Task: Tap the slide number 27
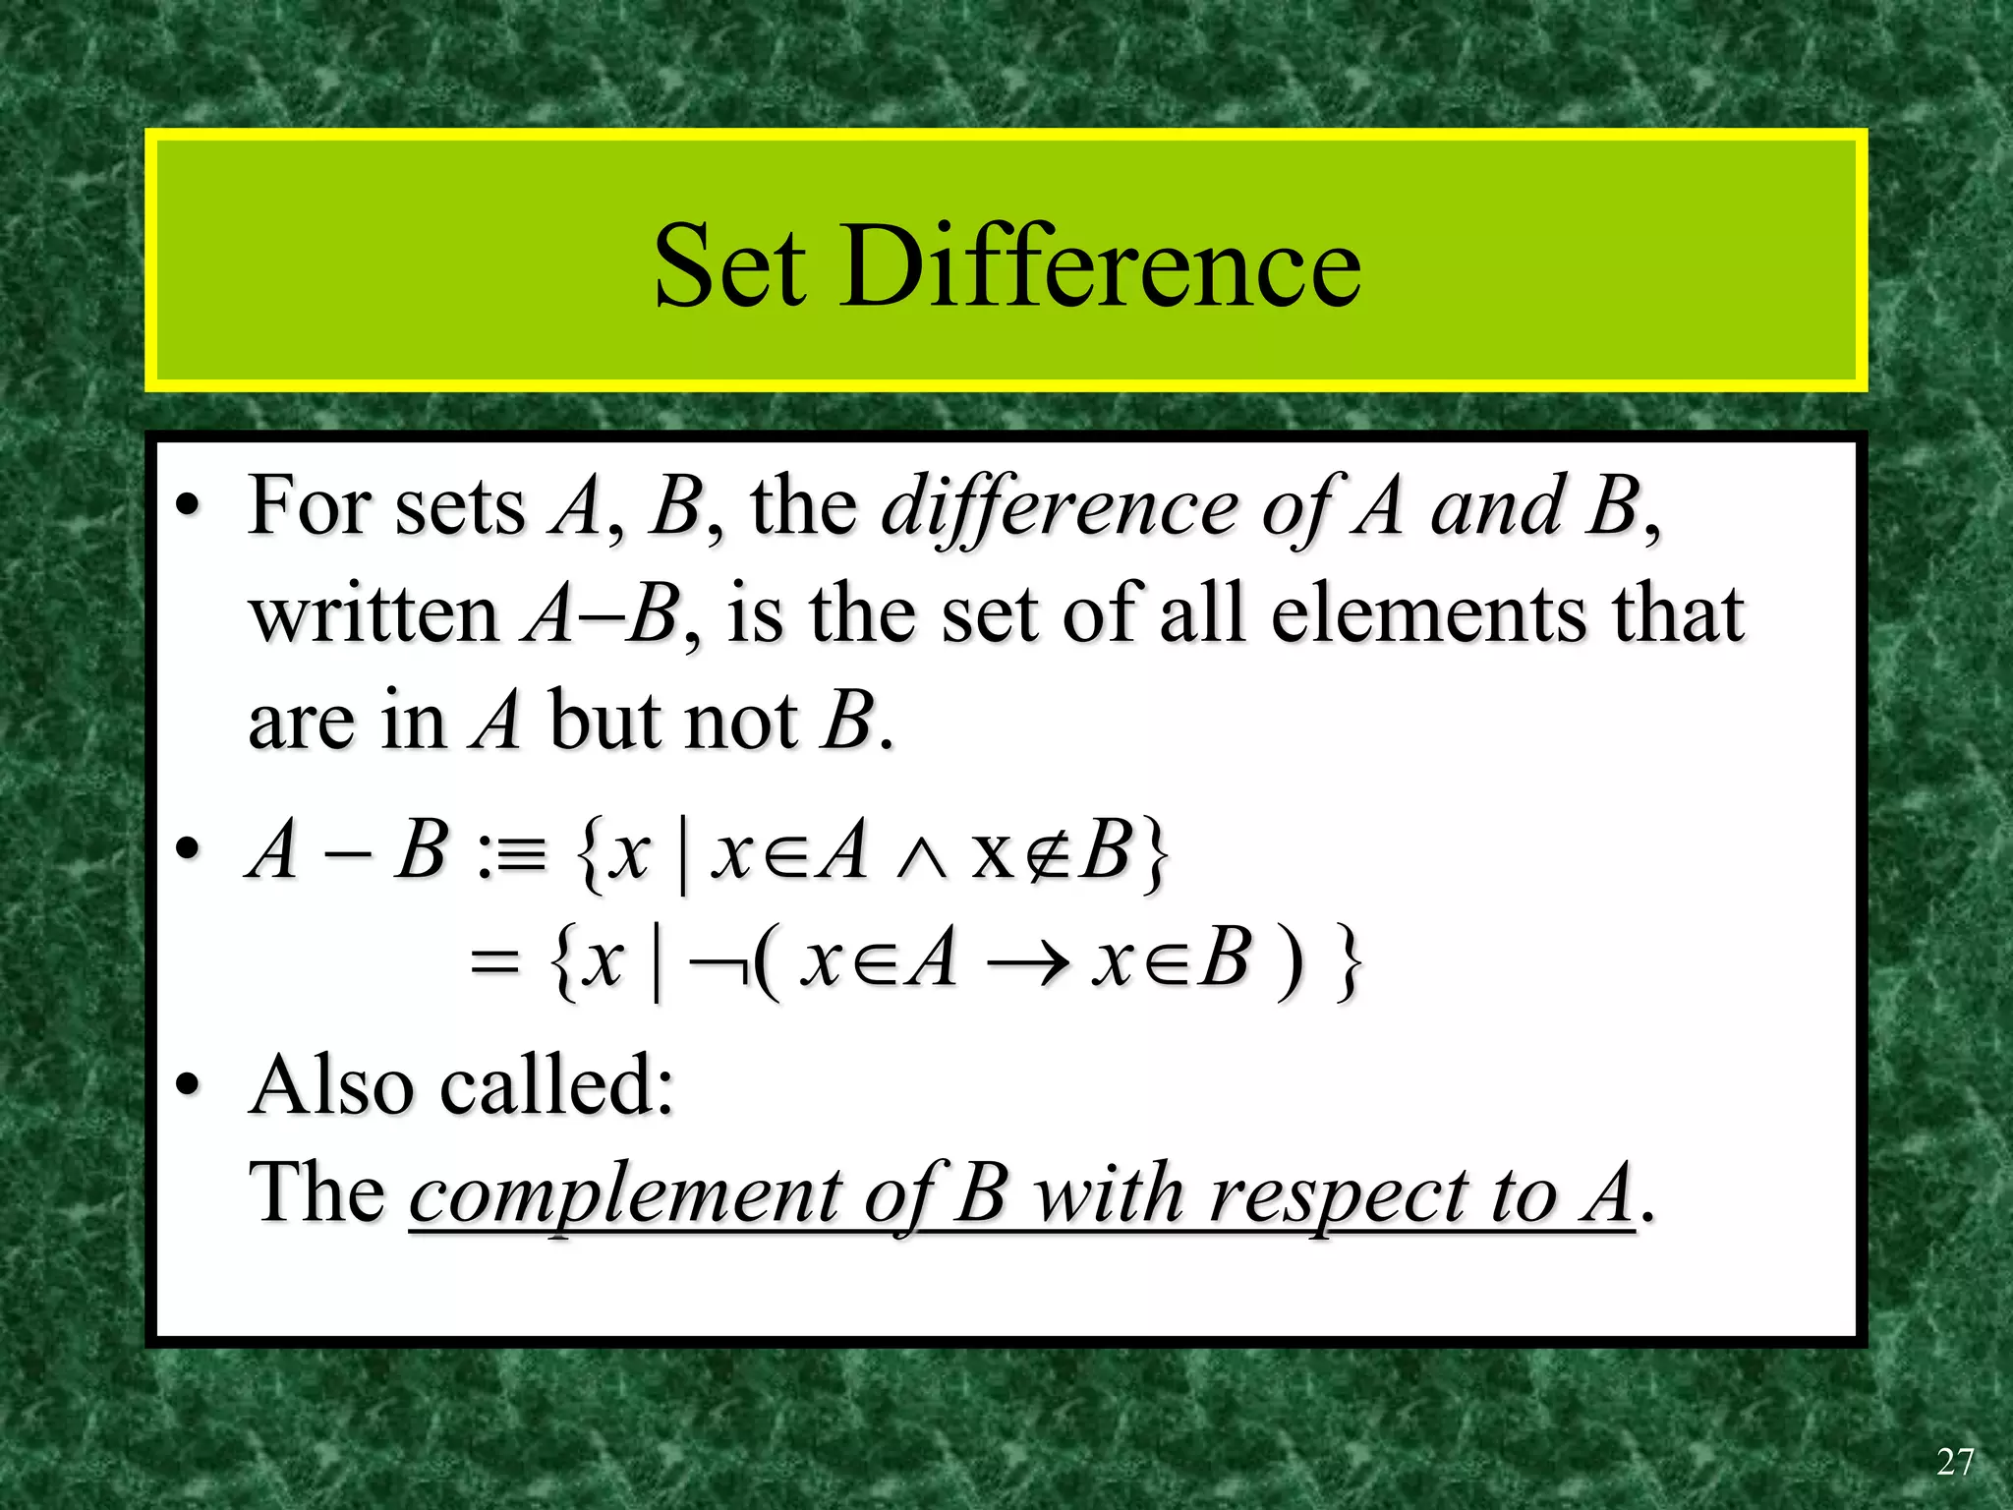(1954, 1462)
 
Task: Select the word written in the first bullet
(374, 615)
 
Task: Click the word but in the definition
(604, 723)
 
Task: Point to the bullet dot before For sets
(188, 508)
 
